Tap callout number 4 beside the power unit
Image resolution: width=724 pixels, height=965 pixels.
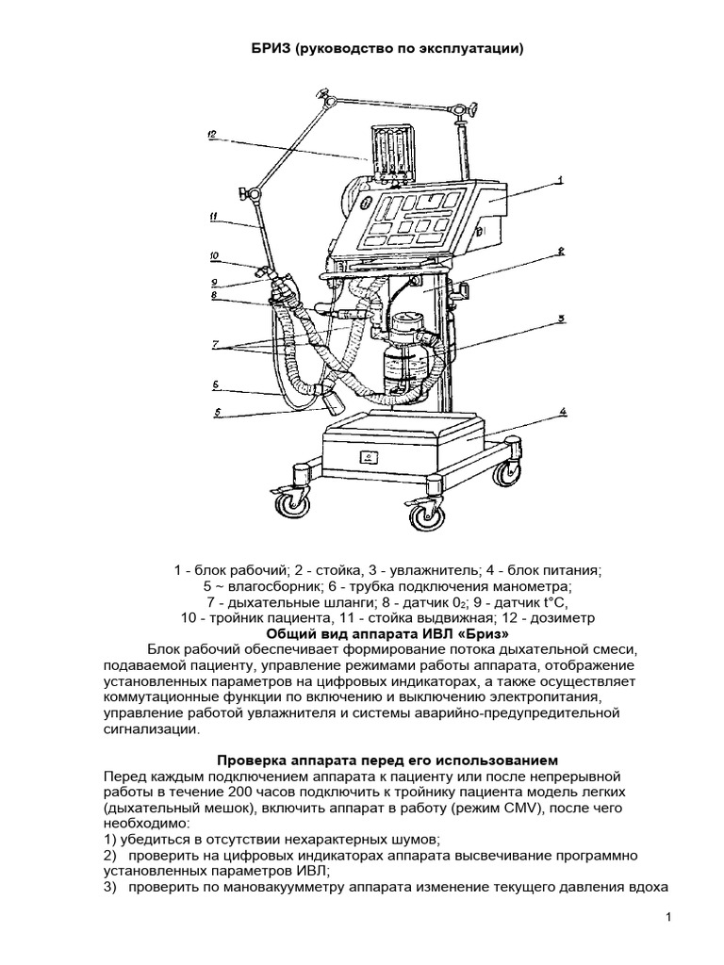pyautogui.click(x=563, y=411)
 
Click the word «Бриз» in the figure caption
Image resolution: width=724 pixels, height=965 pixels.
pyautogui.click(x=486, y=633)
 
